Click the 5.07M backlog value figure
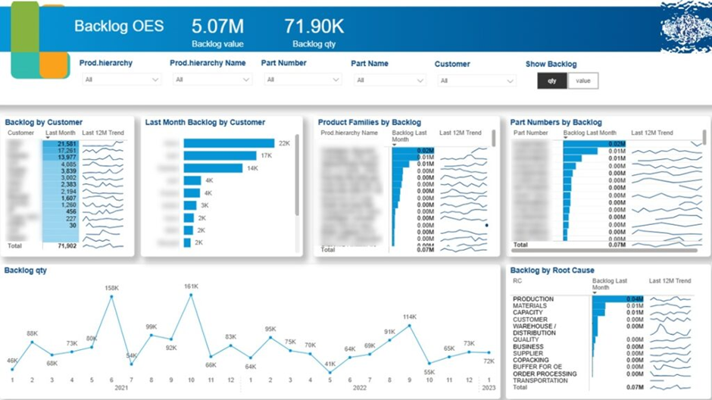[217, 27]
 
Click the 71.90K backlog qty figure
[314, 27]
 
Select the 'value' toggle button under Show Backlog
[582, 81]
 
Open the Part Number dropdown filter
[301, 80]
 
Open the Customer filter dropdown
[475, 80]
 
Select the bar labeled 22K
[228, 143]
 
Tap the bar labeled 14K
[213, 168]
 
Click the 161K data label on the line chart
[191, 286]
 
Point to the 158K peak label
[111, 288]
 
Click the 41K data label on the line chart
[330, 364]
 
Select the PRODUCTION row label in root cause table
[533, 299]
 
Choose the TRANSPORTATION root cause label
[540, 380]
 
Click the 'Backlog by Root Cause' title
[552, 270]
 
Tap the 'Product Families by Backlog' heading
[369, 122]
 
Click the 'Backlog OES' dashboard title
[119, 27]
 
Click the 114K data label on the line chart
[410, 317]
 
